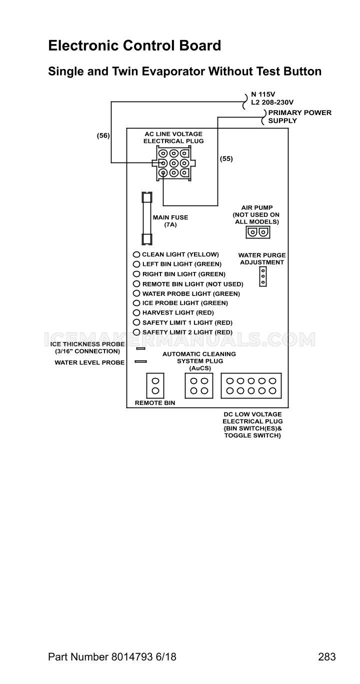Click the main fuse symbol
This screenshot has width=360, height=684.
point(147,218)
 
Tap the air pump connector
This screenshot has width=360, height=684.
point(257,232)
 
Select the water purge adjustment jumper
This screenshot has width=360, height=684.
point(263,276)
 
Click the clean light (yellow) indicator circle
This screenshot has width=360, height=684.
point(136,254)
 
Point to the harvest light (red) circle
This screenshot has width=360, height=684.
point(136,312)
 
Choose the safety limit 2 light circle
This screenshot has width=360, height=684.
point(136,332)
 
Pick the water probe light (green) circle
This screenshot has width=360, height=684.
point(136,293)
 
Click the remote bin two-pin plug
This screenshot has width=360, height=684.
point(155,385)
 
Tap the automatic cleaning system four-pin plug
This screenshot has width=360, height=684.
point(199,385)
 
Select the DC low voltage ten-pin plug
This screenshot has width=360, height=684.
point(251,385)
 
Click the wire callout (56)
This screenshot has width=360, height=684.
point(103,135)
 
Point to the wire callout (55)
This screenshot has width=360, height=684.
point(226,159)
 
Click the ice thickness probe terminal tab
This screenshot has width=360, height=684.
point(140,348)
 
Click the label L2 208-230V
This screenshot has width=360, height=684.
point(272,102)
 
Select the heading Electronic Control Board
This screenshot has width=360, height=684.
point(134,45)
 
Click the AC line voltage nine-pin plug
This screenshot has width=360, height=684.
point(173,163)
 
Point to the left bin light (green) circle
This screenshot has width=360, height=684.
point(136,264)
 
